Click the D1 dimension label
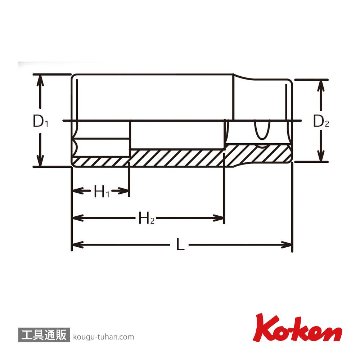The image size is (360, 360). pyautogui.click(x=41, y=122)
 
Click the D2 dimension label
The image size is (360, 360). pyautogui.click(x=322, y=122)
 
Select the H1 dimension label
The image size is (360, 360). pyautogui.click(x=101, y=192)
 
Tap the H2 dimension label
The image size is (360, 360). pyautogui.click(x=146, y=219)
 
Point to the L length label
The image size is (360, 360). pyautogui.click(x=180, y=245)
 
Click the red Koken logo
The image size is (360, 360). pyautogui.click(x=297, y=328)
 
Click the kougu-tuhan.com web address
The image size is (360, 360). pyautogui.click(x=103, y=337)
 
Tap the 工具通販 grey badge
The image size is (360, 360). pyautogui.click(x=44, y=335)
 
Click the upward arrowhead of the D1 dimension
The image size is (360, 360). pyautogui.click(x=41, y=79)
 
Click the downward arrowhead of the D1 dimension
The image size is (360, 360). pyautogui.click(x=41, y=161)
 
